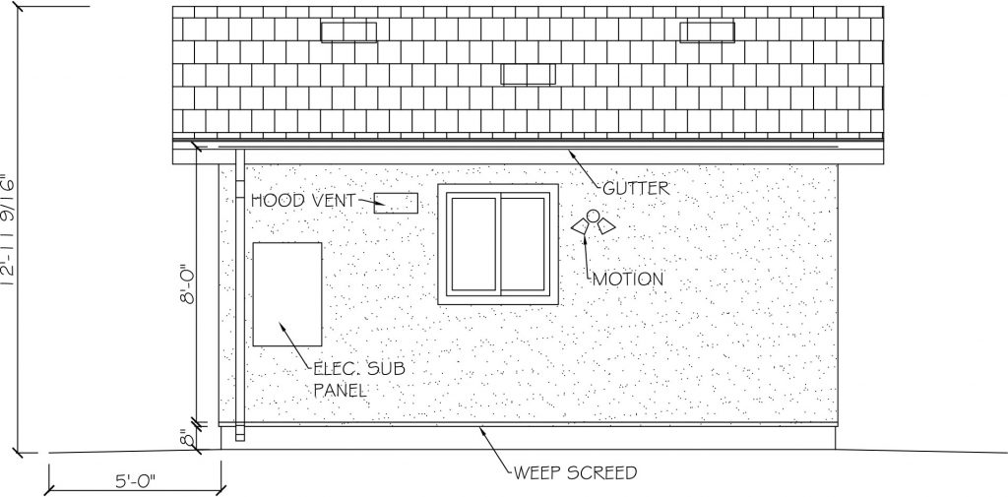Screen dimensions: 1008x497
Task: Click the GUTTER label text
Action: point(636,188)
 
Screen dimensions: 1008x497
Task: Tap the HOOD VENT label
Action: point(303,201)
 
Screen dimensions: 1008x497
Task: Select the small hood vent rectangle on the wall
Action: point(396,203)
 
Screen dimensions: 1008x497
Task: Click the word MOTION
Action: point(628,280)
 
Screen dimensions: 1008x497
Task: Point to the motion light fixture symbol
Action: point(594,222)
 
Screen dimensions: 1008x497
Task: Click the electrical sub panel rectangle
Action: point(287,294)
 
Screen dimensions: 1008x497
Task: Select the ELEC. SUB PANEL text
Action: point(358,379)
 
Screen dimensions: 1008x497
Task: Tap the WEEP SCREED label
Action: point(575,473)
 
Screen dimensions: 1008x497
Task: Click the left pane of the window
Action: point(473,244)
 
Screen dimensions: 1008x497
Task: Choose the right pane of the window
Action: point(524,244)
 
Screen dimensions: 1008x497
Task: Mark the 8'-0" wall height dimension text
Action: point(187,283)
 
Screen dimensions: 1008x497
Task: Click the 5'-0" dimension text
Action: point(136,480)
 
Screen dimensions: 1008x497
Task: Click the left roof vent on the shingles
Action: point(348,32)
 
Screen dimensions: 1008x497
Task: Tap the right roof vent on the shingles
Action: point(707,32)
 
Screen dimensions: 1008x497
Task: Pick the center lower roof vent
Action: point(529,74)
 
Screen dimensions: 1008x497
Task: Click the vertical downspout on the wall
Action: point(240,294)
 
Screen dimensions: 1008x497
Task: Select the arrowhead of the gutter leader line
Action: point(570,154)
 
